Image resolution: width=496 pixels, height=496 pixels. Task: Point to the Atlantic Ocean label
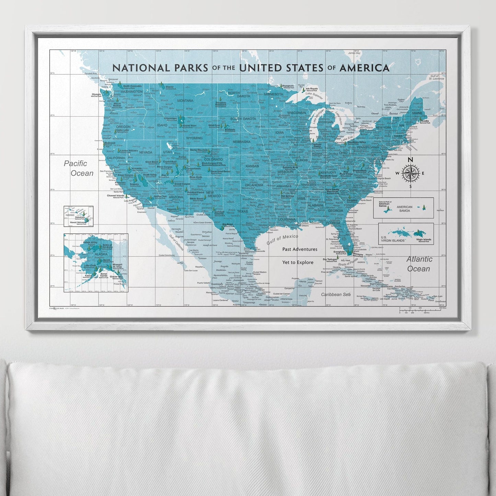pos(419,264)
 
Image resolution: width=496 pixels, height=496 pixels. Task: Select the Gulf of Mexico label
pos(282,239)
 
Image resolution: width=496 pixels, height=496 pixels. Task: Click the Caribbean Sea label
pos(336,295)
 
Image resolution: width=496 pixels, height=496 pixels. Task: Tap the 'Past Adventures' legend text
pos(300,249)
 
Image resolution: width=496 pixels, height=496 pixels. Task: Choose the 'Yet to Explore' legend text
pos(298,262)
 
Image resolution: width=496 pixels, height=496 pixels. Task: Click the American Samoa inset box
pos(403,208)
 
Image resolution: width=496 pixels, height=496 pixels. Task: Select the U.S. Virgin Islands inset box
pos(406,234)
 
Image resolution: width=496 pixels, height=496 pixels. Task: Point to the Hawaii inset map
pos(78,216)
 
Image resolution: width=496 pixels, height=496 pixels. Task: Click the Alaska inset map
pos(96,263)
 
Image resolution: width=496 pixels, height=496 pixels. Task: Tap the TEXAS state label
pos(242,211)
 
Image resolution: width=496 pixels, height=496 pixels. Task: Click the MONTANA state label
pos(185,101)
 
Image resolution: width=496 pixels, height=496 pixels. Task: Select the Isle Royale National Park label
pos(311,89)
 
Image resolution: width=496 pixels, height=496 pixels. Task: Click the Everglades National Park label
pos(339,253)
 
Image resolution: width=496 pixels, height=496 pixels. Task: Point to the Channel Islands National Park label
pos(116,196)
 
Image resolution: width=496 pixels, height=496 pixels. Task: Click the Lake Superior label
pos(313,94)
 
